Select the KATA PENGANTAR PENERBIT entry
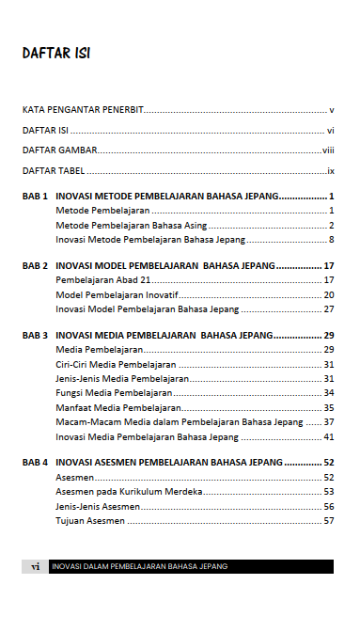click(x=83, y=110)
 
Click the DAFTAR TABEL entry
click(x=54, y=171)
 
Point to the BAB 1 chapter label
click(x=35, y=197)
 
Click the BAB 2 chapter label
click(x=35, y=266)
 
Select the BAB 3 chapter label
click(x=35, y=336)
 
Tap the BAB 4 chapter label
click(x=35, y=463)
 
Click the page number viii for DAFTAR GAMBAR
click(x=328, y=150)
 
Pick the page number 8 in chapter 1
click(x=332, y=240)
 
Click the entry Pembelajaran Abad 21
click(x=103, y=280)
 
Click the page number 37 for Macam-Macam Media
click(x=329, y=422)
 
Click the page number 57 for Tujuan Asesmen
click(x=329, y=520)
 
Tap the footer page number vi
click(x=35, y=566)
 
